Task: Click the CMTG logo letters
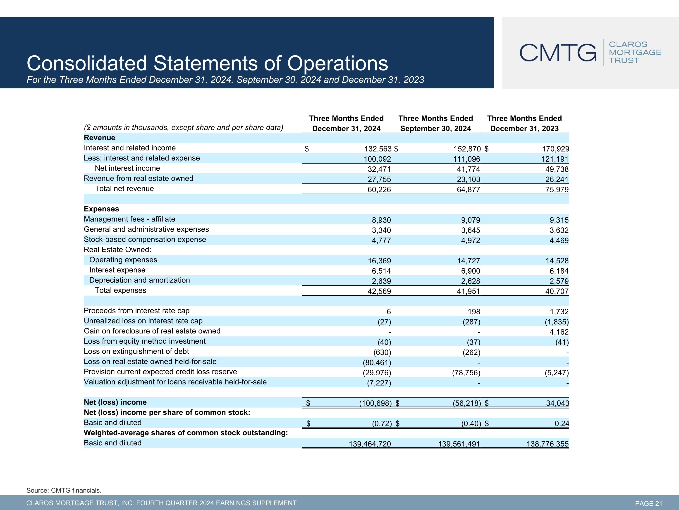[x=558, y=52]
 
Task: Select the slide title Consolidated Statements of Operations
[x=208, y=63]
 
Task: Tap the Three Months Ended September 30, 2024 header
[x=436, y=123]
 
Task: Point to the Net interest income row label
[x=127, y=168]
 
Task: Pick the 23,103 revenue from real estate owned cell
[x=469, y=180]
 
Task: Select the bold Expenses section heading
[x=101, y=209]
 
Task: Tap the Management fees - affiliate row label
[x=129, y=219]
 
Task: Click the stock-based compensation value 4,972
[x=471, y=240]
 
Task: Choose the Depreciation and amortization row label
[x=140, y=280]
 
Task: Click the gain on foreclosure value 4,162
[x=559, y=332]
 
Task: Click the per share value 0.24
[x=562, y=424]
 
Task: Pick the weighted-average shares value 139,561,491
[x=459, y=444]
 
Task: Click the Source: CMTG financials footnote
[x=64, y=490]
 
